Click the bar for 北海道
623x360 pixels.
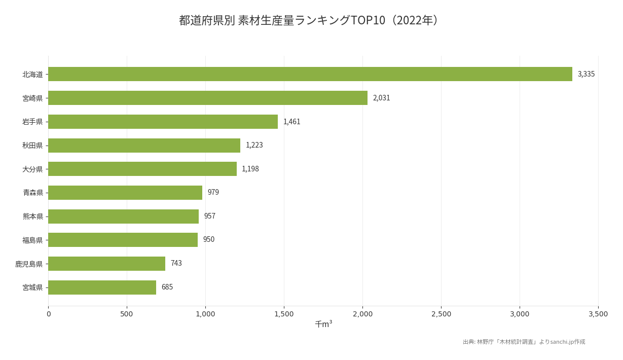(310, 74)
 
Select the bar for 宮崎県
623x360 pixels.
(208, 98)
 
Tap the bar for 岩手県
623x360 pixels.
(163, 122)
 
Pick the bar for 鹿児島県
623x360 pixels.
(106, 264)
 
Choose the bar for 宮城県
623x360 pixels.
(102, 287)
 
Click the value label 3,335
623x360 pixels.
(586, 74)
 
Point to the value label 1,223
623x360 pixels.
(254, 146)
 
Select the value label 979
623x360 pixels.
(213, 193)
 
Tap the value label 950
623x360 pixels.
(208, 240)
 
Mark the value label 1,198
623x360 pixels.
(250, 169)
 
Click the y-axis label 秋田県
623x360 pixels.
(32, 146)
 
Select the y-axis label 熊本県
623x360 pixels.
(32, 217)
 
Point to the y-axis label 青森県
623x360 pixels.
(32, 193)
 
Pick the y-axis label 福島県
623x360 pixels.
(32, 240)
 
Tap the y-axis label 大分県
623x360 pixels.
(32, 169)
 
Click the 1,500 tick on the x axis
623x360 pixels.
(284, 314)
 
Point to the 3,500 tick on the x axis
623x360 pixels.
(598, 314)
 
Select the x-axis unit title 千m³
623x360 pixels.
(323, 324)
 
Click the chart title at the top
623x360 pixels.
(310, 20)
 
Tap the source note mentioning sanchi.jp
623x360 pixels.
(524, 342)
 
